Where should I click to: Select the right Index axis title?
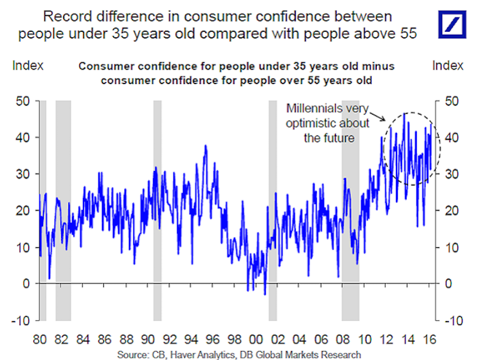[447, 65]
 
